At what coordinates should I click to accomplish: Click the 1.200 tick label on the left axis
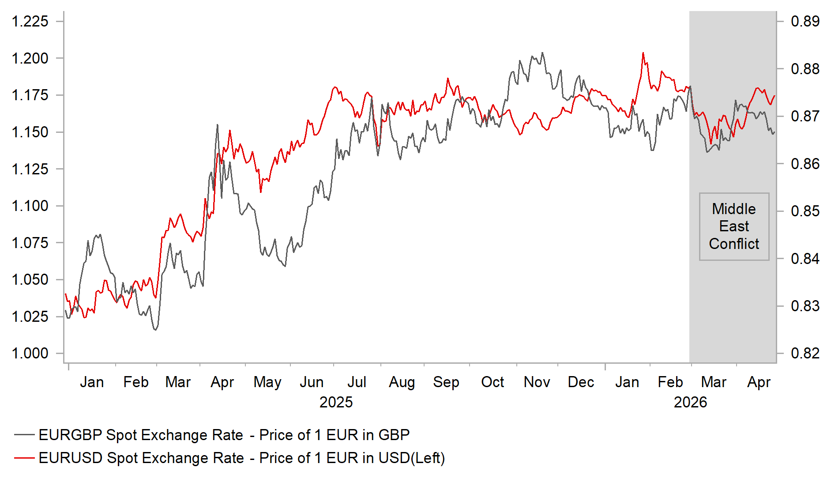tap(30, 58)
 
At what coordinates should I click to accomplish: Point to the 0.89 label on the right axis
tap(805, 21)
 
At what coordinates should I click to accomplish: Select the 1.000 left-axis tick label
tap(30, 353)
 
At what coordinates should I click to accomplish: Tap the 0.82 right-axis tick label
tap(805, 353)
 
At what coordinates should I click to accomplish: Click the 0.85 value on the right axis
tap(805, 211)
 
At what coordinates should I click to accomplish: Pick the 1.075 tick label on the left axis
tap(30, 243)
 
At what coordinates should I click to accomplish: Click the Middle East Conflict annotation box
tap(734, 226)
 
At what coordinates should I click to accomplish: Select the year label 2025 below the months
tap(336, 402)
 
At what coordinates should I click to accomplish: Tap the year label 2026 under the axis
tap(690, 402)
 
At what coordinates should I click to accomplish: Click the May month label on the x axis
tap(267, 382)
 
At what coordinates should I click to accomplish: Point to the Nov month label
tap(537, 382)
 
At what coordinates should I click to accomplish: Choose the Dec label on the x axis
tap(581, 382)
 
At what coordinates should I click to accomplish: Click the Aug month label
tap(402, 382)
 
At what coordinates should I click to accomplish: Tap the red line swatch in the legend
tap(24, 458)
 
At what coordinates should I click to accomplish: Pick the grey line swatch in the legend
tap(24, 435)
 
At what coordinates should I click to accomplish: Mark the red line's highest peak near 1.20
tap(643, 53)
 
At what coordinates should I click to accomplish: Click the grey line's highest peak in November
tap(542, 53)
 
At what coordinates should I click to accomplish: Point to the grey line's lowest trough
tap(155, 330)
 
